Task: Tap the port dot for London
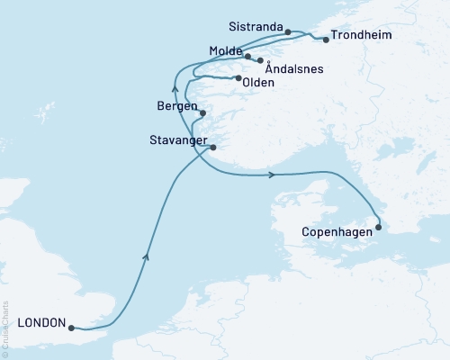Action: (x=71, y=328)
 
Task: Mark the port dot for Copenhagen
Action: (x=378, y=226)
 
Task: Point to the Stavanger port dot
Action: (x=213, y=148)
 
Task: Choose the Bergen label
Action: (x=176, y=105)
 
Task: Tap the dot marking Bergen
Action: (x=203, y=112)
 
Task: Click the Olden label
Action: (x=257, y=81)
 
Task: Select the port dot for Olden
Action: (x=238, y=78)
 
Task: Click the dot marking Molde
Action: (x=247, y=58)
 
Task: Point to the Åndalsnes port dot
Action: (x=261, y=61)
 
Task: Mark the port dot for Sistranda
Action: (x=287, y=32)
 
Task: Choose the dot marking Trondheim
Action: (x=325, y=39)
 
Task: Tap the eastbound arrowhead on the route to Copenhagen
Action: (x=271, y=175)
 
